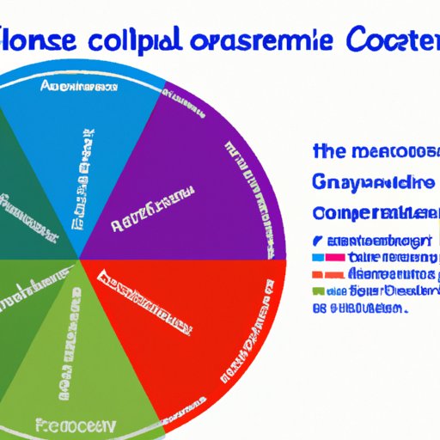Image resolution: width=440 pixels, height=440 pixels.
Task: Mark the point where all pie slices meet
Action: coord(79,258)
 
